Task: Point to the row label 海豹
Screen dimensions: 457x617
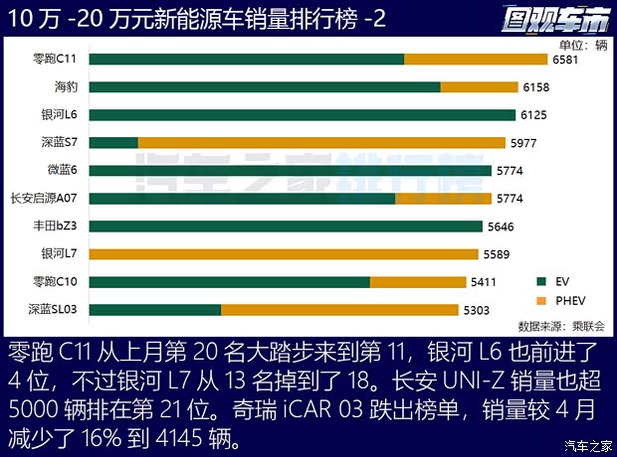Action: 68,86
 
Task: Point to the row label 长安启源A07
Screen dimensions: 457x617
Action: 44,198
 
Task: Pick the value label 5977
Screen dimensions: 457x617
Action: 522,142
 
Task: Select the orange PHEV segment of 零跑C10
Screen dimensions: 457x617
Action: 419,281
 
